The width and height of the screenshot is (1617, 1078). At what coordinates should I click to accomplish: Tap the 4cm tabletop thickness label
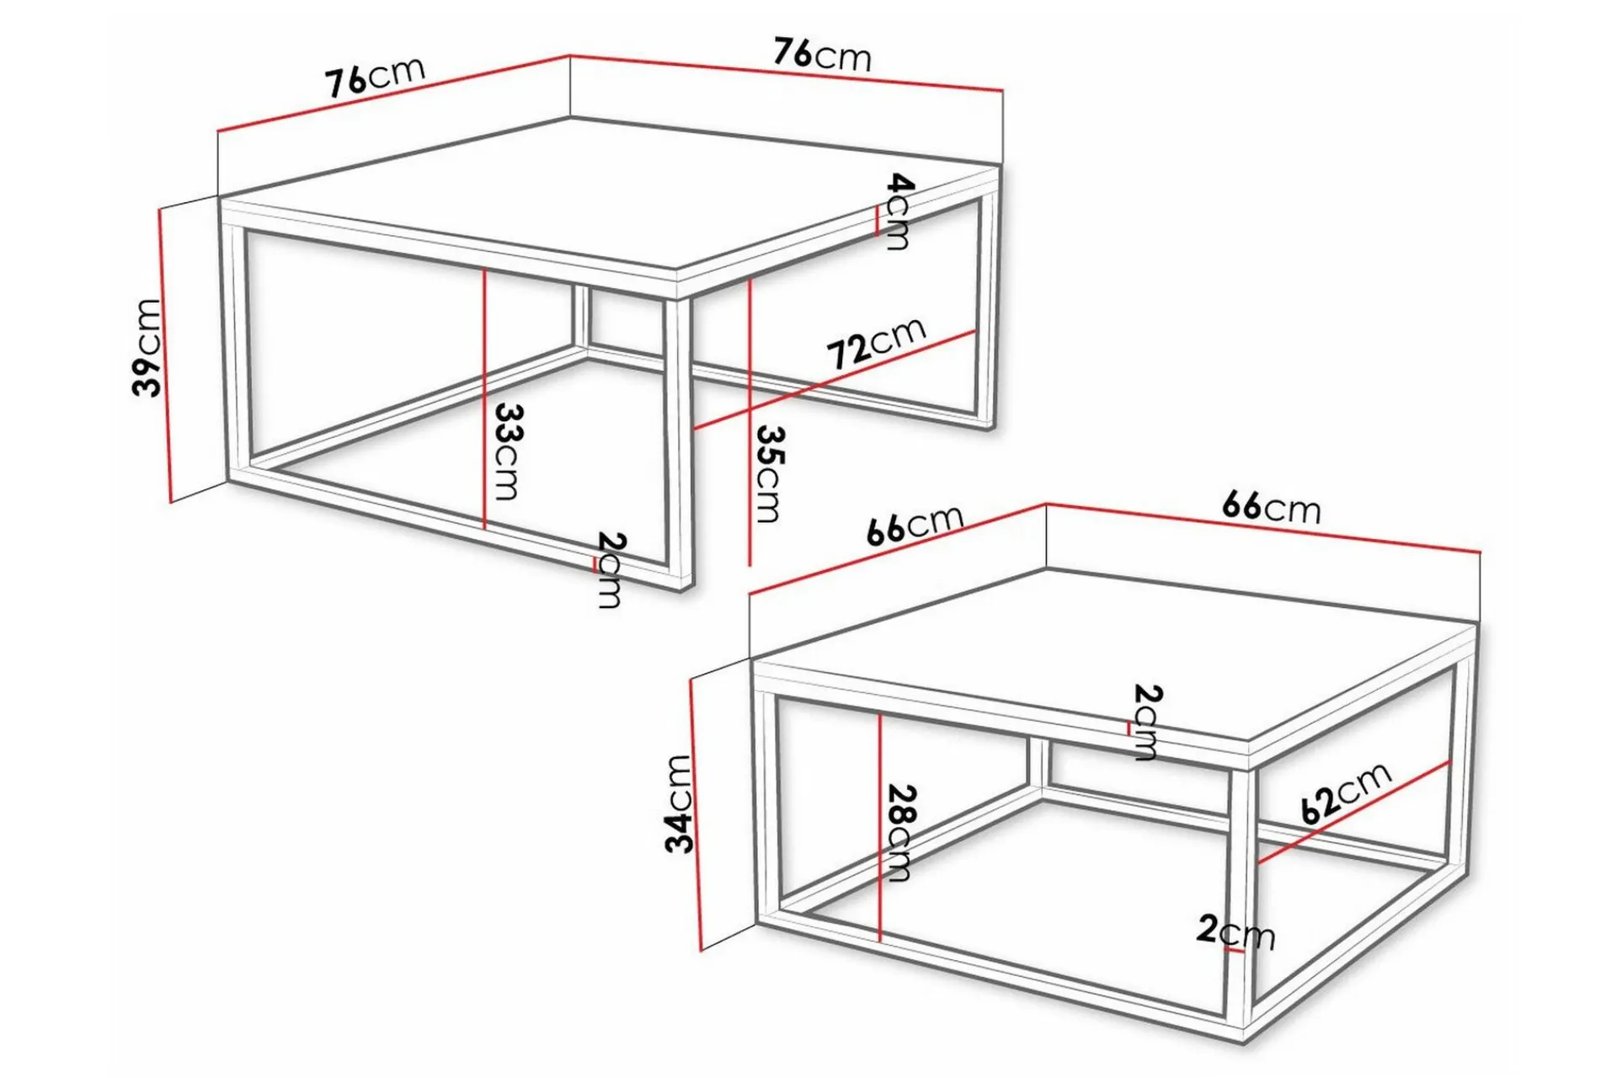coord(898,211)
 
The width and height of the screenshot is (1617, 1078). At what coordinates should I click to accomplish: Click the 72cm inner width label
coord(877,343)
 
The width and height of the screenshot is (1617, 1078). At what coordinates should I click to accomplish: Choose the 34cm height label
coord(679,804)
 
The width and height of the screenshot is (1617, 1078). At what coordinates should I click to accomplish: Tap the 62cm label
coord(1345,793)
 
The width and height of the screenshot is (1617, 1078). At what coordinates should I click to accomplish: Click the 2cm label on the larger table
coord(610,570)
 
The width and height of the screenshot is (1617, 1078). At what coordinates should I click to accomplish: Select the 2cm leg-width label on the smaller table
coord(1235,931)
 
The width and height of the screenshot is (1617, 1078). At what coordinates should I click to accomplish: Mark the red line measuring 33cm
coord(484,398)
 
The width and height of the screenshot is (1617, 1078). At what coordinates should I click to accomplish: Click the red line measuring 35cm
coord(749,422)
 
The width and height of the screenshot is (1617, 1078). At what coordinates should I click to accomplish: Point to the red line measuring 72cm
coord(835,381)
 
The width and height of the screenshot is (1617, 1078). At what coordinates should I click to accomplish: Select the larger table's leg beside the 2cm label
coord(677,438)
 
